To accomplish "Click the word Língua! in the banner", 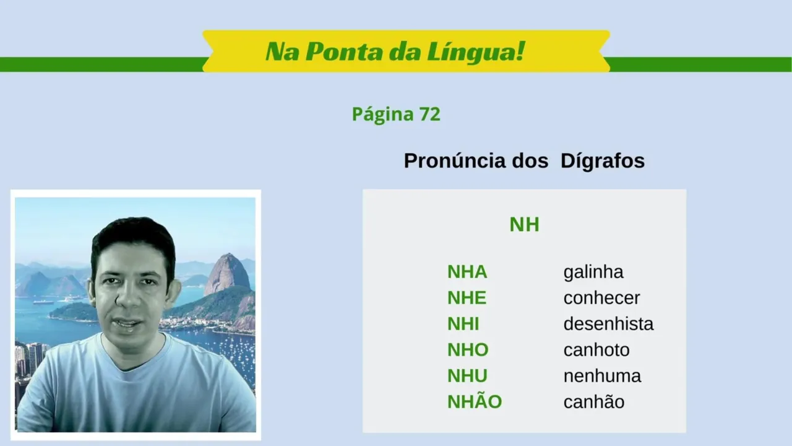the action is coord(476,51).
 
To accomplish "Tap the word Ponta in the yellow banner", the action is coord(343,51).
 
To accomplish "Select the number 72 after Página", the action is coord(429,114).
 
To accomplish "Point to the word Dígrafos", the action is coord(603,161).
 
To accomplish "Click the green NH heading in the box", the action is coord(524,224).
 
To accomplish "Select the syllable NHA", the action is coord(467,272).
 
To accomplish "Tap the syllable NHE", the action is coord(467,298).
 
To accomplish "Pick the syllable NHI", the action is coord(463,324).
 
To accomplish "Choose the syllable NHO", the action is coord(468,350).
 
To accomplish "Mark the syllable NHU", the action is coord(467,376).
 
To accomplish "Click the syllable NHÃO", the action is coord(475,401).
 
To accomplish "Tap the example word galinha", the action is coord(593,273).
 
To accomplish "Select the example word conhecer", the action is coord(601,298).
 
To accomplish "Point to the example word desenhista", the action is coord(608,324).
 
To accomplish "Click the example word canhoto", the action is coord(596,350).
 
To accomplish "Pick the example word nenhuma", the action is coord(602,376).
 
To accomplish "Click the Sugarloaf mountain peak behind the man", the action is coord(229,256).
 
